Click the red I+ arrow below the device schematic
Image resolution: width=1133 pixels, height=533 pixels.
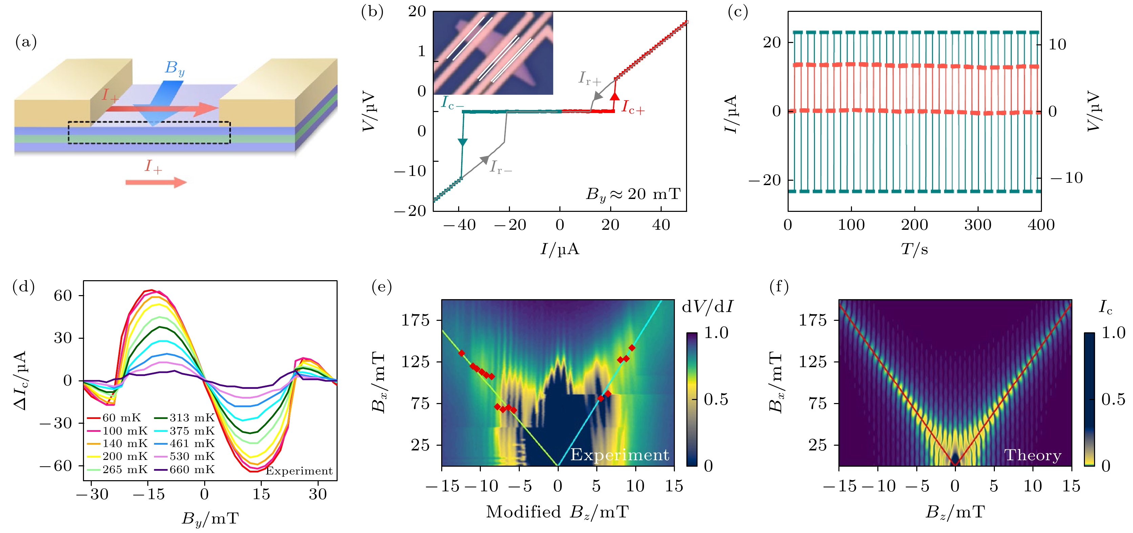[156, 182]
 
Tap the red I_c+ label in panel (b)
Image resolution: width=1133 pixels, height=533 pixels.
[633, 107]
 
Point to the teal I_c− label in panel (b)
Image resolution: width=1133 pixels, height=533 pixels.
[452, 103]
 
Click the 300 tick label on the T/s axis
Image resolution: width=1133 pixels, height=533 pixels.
[977, 225]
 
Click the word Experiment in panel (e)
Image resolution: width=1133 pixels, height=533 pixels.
[619, 455]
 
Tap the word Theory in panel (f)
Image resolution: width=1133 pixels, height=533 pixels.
[1032, 455]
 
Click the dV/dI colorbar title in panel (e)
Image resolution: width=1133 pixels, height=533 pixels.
[707, 307]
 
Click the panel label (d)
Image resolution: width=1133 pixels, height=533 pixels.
[23, 287]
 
